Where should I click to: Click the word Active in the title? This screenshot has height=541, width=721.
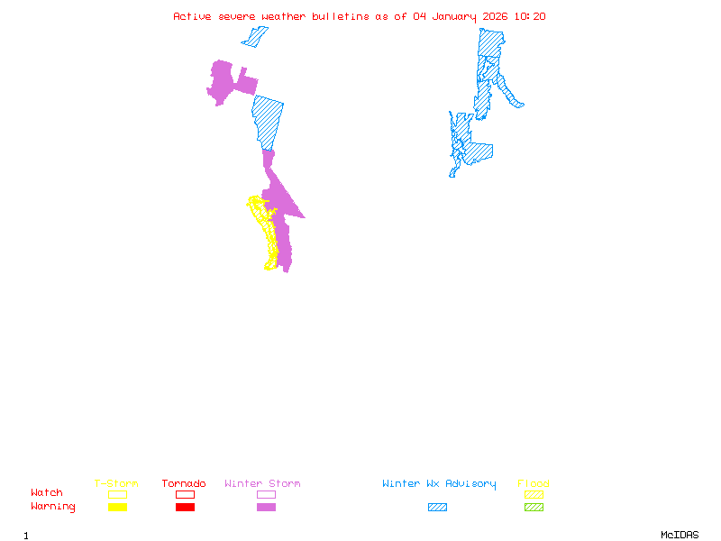[193, 16]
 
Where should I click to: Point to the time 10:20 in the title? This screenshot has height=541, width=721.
[530, 16]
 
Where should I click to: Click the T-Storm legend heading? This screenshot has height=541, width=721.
[116, 484]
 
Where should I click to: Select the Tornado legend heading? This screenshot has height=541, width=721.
[184, 484]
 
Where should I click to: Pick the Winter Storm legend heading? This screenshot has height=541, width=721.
[262, 484]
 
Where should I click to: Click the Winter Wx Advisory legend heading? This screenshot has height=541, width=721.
[439, 484]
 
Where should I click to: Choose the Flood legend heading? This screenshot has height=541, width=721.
[534, 484]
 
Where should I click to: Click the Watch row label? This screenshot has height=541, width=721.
[47, 493]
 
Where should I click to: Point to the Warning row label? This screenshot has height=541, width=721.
[53, 507]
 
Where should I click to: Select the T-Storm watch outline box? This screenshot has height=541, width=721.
[117, 494]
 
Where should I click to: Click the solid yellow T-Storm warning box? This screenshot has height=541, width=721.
[117, 507]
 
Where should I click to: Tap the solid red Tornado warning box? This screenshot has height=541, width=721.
[185, 507]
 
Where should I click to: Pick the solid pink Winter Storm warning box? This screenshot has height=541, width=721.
[266, 507]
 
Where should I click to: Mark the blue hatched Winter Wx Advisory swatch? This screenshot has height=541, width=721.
[437, 507]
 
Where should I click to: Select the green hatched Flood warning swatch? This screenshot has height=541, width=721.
[534, 507]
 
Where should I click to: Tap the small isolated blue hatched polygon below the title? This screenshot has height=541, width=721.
[255, 37]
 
